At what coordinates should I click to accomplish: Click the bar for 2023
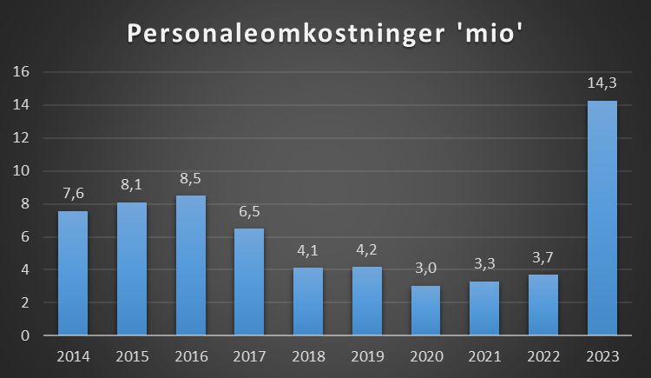pos(602,218)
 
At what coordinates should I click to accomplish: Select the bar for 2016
pos(191,265)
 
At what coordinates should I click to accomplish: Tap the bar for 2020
pos(426,310)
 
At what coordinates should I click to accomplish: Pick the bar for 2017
pos(249,282)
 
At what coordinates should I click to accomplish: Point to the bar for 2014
pos(73,273)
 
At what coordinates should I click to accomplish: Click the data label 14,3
pos(602,83)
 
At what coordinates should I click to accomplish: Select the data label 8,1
pos(132,185)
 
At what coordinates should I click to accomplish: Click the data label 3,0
pos(426,269)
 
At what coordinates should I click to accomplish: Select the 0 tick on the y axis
pos(25,335)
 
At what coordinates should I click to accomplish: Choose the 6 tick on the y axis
pos(25,236)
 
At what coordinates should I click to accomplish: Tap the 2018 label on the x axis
pos(308,356)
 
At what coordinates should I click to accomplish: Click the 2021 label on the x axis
pos(484,356)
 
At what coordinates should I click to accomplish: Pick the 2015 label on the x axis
pos(132,356)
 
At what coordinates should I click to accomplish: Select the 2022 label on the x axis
pos(543,356)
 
